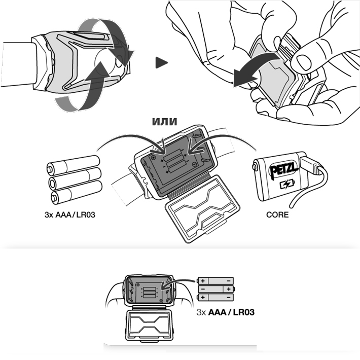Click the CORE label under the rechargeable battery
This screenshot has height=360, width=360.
[x=277, y=214]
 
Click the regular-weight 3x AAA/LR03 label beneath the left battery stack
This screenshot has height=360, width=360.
[x=69, y=214]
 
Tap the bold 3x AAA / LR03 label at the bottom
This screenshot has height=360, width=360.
[x=225, y=312]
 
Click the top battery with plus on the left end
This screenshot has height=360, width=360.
[x=215, y=280]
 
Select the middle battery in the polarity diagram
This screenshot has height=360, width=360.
[x=215, y=289]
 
